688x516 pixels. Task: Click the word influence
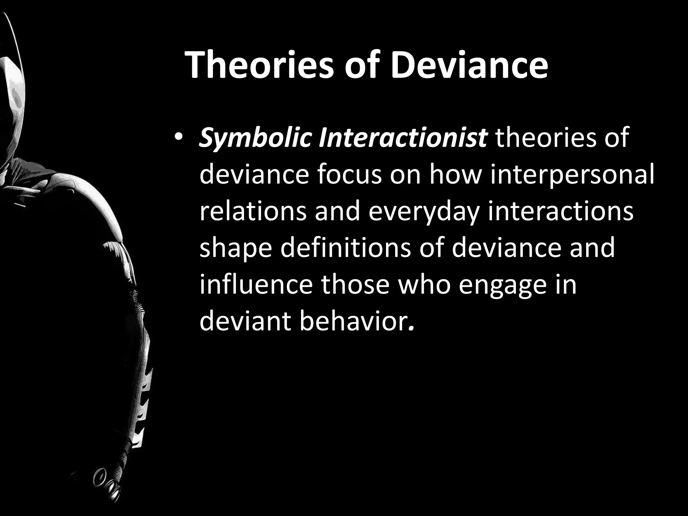click(257, 284)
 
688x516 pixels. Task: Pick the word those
click(356, 284)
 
